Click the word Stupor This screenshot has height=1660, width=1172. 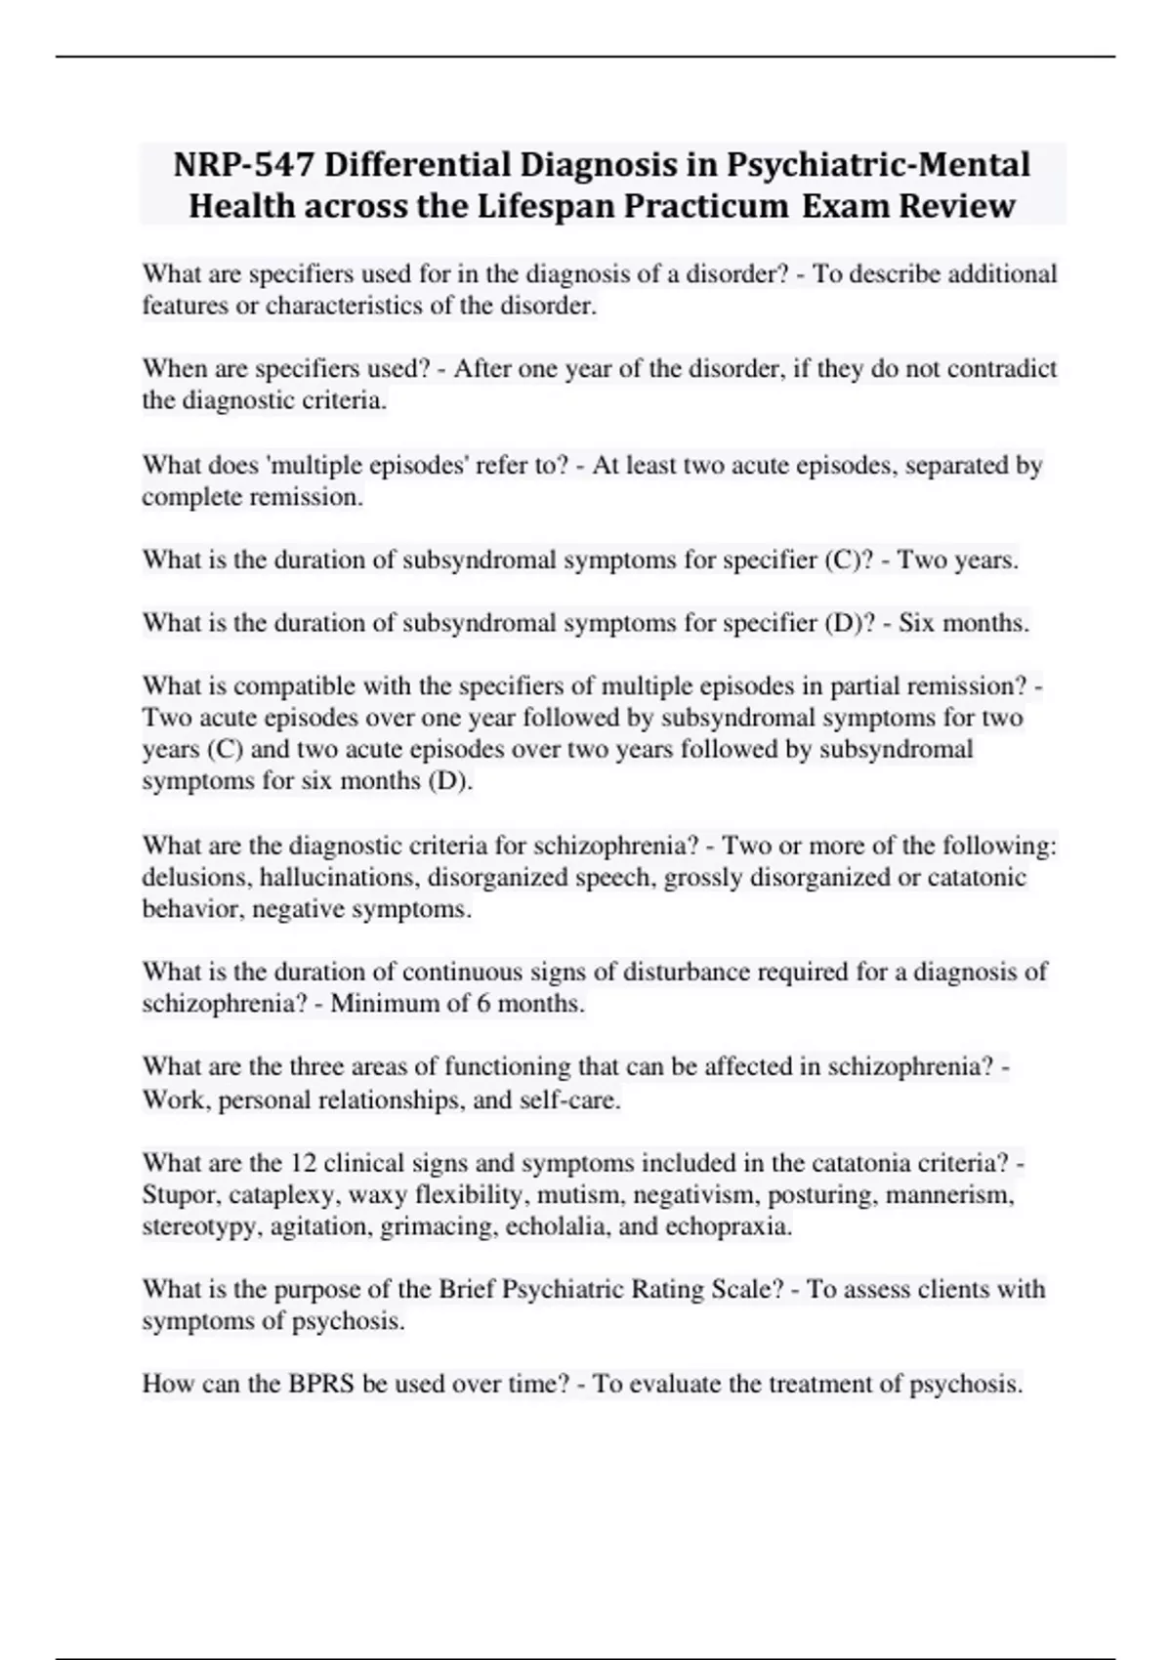click(x=179, y=1195)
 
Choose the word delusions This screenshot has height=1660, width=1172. click(x=195, y=878)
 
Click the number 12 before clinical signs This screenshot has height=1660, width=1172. click(x=301, y=1163)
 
